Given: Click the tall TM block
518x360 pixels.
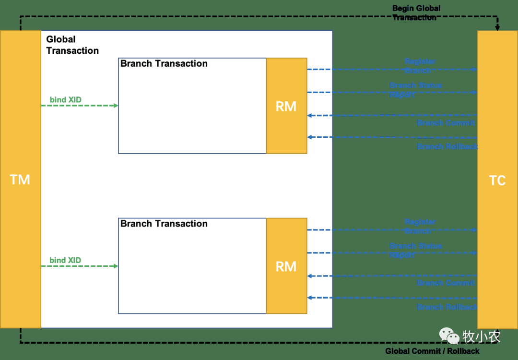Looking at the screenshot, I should pos(20,180).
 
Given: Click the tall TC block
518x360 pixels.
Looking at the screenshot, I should pos(497,180).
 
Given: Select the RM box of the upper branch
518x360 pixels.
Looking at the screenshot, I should pos(286,106).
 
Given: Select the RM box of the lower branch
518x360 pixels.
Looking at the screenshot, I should pos(286,266).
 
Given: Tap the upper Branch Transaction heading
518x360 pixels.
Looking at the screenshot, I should pos(164,64).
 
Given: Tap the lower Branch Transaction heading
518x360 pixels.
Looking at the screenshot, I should pos(164,224).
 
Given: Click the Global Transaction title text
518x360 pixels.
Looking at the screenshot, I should pos(72,45).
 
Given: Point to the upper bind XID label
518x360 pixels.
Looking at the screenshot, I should pos(66,100).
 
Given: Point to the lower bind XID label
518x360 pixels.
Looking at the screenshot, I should pos(65,260).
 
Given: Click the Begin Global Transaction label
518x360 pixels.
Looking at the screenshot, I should pos(416,13).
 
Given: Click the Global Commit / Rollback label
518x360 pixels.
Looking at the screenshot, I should pos(432,351).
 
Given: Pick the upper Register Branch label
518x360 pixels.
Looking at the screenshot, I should pos(420,66).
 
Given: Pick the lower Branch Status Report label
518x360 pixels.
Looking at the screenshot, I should pos(415,251).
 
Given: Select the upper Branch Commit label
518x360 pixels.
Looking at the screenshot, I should pos(446,123).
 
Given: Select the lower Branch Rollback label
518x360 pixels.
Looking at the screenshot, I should pos(447,307).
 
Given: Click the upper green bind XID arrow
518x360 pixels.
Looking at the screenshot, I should pos(80,106).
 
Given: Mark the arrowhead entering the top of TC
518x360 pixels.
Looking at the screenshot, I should pos(497,28).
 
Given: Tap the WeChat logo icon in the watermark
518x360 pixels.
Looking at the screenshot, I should pos(450,336).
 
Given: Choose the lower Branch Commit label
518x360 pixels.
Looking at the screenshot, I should pos(446,283).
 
